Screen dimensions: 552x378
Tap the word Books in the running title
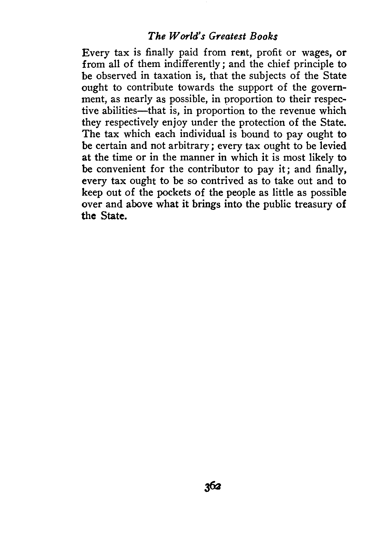264,37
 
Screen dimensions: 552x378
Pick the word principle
307,64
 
